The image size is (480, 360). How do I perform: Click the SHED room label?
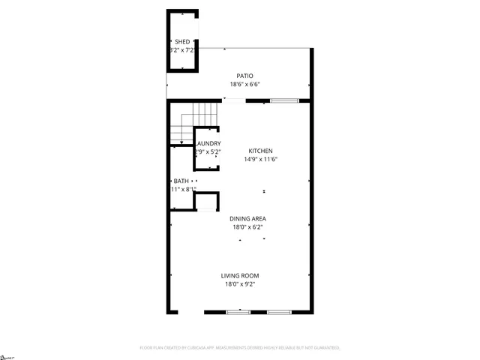click(x=182, y=42)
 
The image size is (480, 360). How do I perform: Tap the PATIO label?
click(x=244, y=76)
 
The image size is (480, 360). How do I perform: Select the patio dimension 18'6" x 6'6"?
click(x=244, y=84)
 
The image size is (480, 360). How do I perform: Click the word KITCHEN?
click(x=261, y=151)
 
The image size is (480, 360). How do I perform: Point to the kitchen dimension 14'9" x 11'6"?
click(x=261, y=159)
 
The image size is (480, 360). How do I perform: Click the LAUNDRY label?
click(x=208, y=143)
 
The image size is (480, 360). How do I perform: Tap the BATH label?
click(x=181, y=181)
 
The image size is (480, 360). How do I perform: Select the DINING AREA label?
click(x=248, y=218)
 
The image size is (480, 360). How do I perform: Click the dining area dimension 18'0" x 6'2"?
click(x=248, y=226)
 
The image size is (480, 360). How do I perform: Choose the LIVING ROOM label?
click(x=240, y=275)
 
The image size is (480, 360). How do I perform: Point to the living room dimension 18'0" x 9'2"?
click(x=240, y=284)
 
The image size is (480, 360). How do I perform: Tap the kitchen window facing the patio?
click(x=284, y=100)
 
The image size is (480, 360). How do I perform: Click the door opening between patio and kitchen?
click(x=234, y=100)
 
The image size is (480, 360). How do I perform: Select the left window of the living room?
click(x=238, y=311)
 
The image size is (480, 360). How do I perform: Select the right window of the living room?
click(x=278, y=311)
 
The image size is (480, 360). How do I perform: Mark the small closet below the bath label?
click(x=206, y=202)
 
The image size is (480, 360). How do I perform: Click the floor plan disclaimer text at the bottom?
click(x=240, y=348)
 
